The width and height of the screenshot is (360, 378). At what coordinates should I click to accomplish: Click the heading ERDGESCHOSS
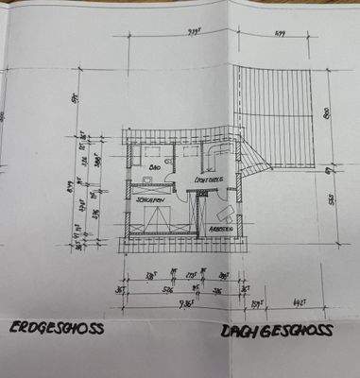[x=56, y=330]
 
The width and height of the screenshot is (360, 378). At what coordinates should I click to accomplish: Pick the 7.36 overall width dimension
[x=188, y=304]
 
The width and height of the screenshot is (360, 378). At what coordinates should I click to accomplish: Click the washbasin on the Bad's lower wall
[x=147, y=177]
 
